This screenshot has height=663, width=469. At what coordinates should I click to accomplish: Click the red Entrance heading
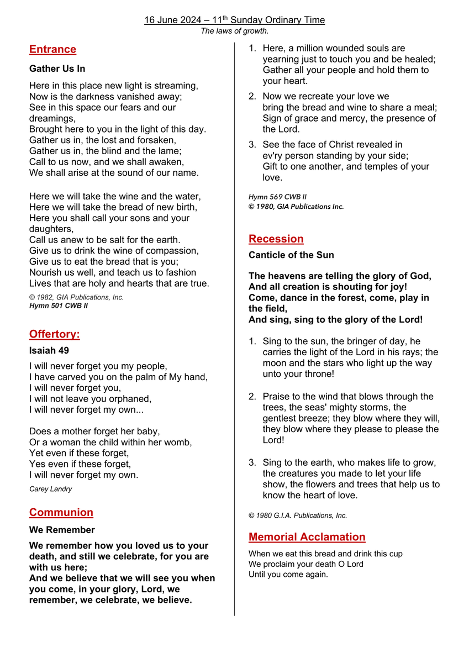[x=52, y=49]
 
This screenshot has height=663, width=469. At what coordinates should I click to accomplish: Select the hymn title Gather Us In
[x=57, y=69]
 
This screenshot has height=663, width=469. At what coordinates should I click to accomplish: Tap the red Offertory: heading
[x=54, y=334]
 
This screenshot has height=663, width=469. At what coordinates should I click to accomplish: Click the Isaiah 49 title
[x=49, y=350]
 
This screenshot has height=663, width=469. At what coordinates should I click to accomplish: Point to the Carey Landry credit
[x=50, y=489]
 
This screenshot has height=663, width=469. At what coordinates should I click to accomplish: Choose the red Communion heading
[x=61, y=512]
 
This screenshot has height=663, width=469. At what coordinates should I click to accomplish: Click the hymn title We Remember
[x=62, y=530]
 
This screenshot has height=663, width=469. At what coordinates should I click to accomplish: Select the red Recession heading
[x=276, y=239]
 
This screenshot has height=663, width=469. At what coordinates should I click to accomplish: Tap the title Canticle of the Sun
[x=291, y=255]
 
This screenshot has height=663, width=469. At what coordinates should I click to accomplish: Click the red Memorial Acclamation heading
[x=307, y=536]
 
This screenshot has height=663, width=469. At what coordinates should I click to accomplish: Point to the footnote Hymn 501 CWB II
[x=58, y=306]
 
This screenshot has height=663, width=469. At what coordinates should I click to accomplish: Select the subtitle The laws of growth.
[x=234, y=31]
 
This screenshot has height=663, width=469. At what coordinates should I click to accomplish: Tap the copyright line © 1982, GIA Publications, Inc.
[x=76, y=297]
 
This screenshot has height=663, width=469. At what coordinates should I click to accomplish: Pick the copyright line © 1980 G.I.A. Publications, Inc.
[x=298, y=515]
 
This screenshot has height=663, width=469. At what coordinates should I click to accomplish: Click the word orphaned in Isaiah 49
[x=131, y=399]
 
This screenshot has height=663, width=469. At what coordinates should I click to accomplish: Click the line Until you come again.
[x=288, y=575]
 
